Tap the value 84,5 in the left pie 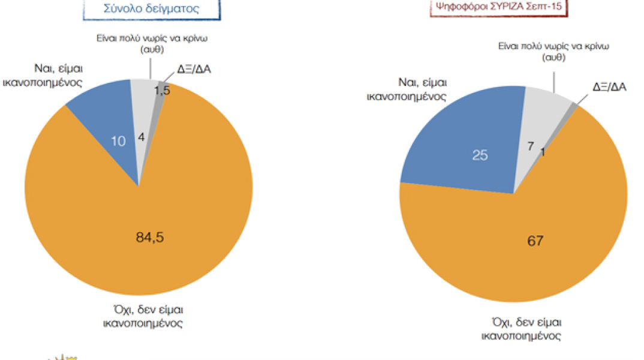150,237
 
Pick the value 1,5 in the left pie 161,90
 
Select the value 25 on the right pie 480,155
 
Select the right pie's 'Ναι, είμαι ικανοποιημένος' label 407,89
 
